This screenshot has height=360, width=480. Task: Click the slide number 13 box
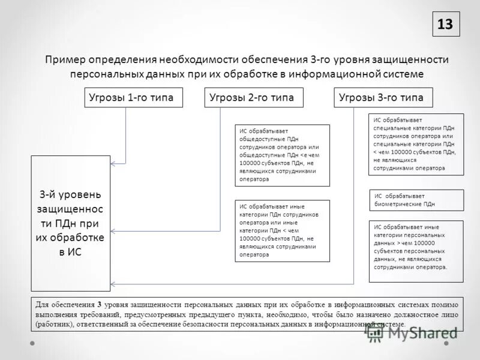(445, 24)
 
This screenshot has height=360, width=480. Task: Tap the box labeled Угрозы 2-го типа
(254, 97)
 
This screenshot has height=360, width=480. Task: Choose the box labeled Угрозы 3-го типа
(383, 97)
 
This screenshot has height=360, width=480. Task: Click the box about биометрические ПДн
(416, 200)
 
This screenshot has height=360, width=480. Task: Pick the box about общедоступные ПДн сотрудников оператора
(281, 155)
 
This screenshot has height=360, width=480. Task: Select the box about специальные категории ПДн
(416, 144)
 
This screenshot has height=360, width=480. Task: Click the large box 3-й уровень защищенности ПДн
(71, 223)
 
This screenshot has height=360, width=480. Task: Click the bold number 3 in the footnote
(100, 304)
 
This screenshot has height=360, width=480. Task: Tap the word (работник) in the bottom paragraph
(53, 324)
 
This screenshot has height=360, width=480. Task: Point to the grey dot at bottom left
(34, 343)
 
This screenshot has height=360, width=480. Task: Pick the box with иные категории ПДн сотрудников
(281, 230)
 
